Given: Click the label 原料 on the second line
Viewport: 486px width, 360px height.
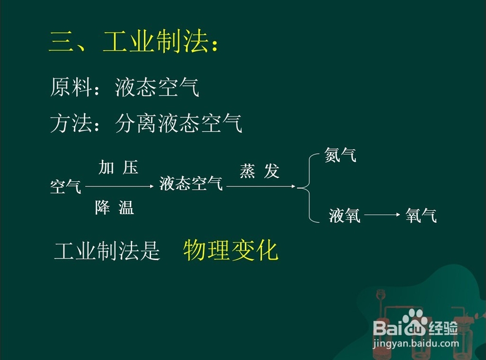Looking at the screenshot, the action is (x=71, y=87).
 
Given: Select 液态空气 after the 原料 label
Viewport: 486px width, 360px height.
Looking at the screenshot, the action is (x=157, y=87).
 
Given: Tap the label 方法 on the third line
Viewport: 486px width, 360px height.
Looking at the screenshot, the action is (x=71, y=123).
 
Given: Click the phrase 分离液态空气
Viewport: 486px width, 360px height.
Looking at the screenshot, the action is (x=178, y=123).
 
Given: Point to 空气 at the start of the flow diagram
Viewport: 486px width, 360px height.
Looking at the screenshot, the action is (x=66, y=187).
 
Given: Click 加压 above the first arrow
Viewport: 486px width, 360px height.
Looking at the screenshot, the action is (x=119, y=167).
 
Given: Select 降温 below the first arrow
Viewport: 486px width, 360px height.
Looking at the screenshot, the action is (x=115, y=208).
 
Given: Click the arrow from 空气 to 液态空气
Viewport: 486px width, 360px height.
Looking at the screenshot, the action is (x=120, y=186).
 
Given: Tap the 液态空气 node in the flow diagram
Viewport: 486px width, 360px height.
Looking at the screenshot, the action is (x=191, y=183).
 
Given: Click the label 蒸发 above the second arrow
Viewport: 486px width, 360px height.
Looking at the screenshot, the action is (x=260, y=171).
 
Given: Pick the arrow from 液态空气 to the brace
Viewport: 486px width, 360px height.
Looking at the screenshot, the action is (x=261, y=186).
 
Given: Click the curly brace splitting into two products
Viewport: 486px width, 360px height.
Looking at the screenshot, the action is (x=309, y=188).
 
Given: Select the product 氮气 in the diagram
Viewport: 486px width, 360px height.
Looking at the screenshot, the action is (x=340, y=155).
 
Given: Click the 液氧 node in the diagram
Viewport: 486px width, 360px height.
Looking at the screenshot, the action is (x=345, y=216).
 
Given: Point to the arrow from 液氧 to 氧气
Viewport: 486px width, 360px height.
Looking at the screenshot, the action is (x=382, y=215).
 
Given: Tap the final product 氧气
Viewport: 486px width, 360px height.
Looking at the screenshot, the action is (x=421, y=216).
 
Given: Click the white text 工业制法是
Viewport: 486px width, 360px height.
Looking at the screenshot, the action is (x=107, y=251).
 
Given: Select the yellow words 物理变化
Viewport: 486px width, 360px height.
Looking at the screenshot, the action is (x=231, y=250).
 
